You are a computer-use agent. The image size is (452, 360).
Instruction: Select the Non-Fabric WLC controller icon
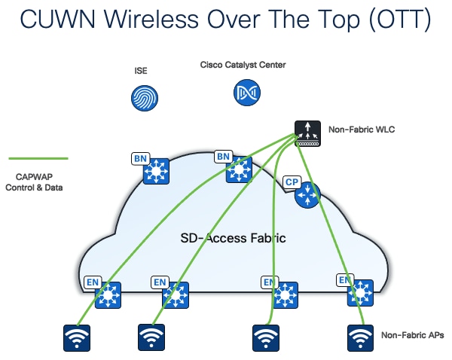click(307, 133)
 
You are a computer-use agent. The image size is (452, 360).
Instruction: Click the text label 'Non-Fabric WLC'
click(361, 130)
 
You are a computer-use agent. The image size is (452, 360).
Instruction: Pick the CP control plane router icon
click(307, 195)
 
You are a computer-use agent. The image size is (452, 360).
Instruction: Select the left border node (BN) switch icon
click(156, 172)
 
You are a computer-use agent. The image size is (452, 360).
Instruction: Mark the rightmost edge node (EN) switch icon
click(360, 293)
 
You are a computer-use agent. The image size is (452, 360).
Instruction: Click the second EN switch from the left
click(176, 294)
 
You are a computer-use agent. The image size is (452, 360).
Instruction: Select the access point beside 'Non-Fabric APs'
click(360, 338)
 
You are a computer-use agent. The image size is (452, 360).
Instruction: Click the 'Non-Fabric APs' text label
click(412, 335)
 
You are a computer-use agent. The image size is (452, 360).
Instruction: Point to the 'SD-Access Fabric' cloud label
click(233, 238)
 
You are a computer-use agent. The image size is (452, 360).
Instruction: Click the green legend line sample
click(38, 159)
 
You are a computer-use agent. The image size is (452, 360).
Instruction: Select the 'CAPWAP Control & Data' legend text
click(38, 182)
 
